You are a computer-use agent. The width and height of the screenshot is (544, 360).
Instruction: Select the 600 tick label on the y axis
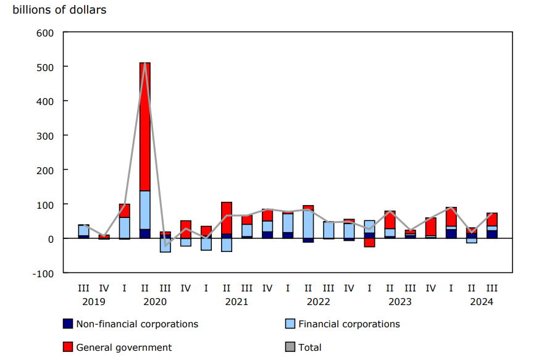click(45, 32)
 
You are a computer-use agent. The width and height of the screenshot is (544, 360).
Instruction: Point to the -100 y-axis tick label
click(43, 273)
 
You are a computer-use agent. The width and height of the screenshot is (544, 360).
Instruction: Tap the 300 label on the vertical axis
click(45, 135)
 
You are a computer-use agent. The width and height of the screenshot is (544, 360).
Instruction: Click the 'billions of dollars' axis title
click(59, 10)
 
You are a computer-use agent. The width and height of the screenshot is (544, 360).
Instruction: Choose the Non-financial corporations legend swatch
click(68, 324)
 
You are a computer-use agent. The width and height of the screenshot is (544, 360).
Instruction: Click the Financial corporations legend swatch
click(290, 324)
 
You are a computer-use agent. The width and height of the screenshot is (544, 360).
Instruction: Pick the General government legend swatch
click(68, 347)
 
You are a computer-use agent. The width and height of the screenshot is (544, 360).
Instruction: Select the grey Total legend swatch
click(290, 347)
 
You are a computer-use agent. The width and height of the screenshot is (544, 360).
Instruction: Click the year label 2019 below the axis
click(94, 301)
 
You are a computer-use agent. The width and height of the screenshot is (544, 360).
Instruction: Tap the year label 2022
click(318, 301)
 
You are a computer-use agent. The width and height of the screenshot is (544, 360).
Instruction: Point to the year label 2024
click(482, 301)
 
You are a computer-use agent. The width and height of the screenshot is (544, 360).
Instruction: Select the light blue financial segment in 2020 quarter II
click(145, 210)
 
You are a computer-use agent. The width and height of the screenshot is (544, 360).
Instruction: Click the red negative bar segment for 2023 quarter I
click(369, 243)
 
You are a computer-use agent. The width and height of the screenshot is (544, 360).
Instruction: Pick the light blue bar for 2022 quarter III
click(328, 230)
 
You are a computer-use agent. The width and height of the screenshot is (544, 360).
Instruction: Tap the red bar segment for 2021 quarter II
click(227, 218)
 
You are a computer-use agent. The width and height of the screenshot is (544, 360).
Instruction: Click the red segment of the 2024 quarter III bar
click(492, 219)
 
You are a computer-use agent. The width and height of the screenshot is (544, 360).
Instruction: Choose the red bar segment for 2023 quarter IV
click(430, 227)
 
